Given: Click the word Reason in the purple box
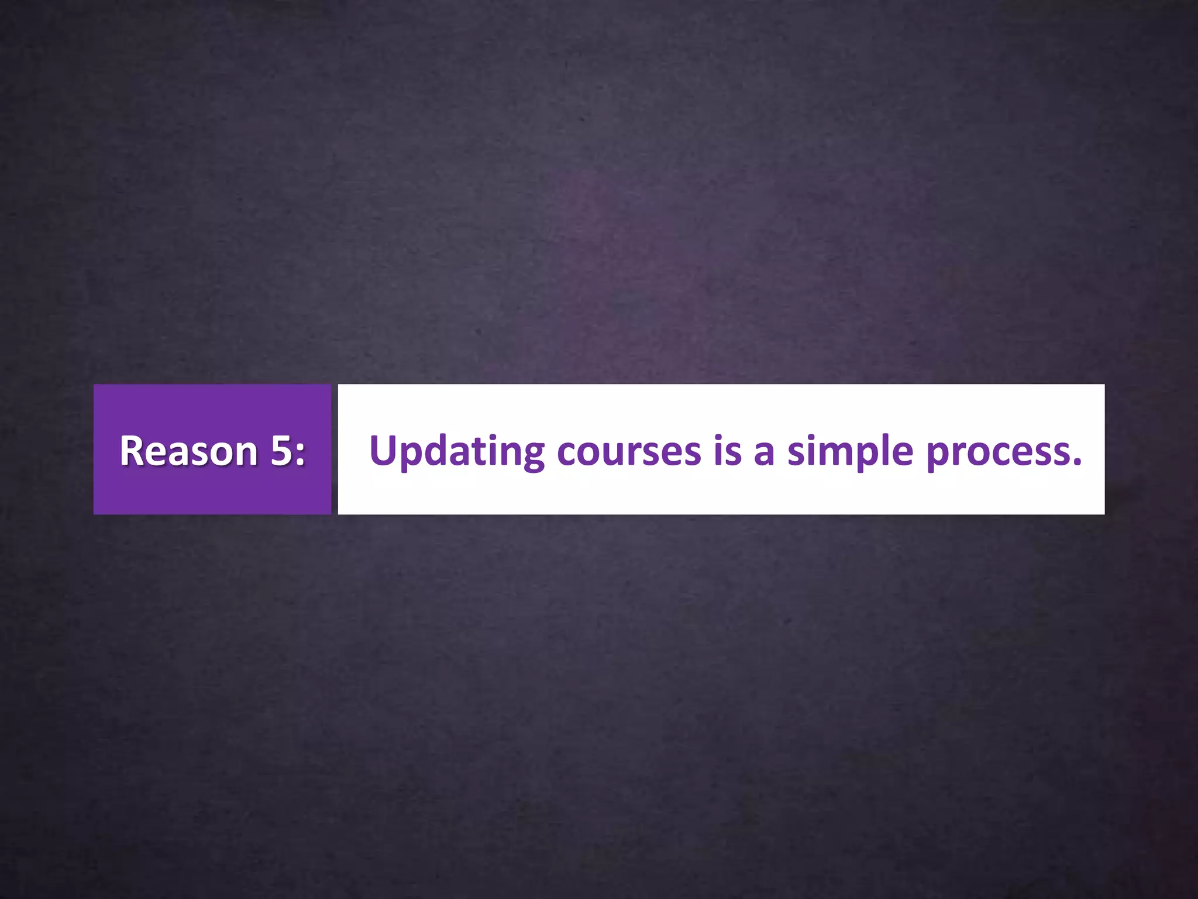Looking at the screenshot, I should coord(188,451).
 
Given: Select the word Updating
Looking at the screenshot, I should coord(457,452).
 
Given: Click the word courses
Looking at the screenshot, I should coord(629,452).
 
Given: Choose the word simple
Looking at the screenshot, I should coord(850,452).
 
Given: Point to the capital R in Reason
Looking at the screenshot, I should coord(132,451).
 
